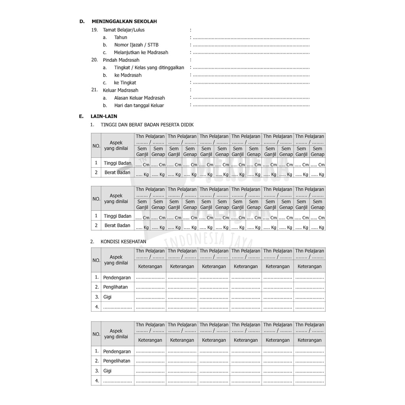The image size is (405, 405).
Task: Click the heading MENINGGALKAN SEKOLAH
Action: coord(124,21)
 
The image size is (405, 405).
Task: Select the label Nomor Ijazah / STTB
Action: coord(136,45)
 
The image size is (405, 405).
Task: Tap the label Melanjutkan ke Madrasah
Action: coord(141,52)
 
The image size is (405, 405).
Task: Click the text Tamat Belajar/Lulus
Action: coord(124,30)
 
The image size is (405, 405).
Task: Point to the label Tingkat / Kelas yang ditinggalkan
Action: coord(149,68)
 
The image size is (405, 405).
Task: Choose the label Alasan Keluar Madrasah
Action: coord(140,98)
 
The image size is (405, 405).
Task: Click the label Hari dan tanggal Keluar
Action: coord(139,106)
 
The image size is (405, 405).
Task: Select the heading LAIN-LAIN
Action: coord(104,116)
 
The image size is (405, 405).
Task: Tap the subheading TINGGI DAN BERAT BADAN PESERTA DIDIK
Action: coord(147,125)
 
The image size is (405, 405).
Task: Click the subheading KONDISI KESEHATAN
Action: coord(123,241)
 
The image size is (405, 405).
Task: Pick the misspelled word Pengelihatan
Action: coord(117,361)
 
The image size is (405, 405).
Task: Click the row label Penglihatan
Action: coord(115,287)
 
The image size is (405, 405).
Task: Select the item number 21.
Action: coord(95,90)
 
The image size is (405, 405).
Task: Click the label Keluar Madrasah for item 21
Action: coord(121,90)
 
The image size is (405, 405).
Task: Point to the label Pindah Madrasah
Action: coord(118,60)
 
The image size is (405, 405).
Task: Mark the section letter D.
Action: coord(82,21)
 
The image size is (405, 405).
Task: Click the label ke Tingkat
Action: coord(125,83)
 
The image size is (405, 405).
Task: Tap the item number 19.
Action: coord(95,30)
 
